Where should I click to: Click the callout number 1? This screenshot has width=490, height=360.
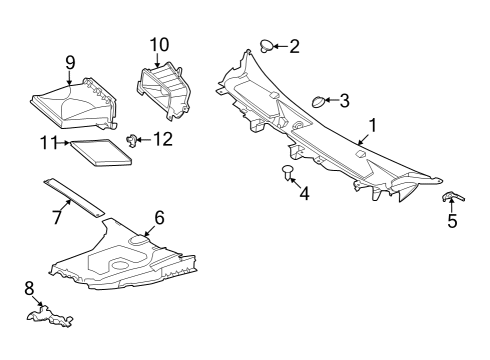click(x=373, y=126)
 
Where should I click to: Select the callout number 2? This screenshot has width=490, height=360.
click(x=294, y=46)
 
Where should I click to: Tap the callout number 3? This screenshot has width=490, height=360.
click(x=344, y=100)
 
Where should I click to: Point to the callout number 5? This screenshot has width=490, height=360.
click(x=452, y=221)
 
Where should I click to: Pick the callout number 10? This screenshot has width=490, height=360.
click(x=159, y=45)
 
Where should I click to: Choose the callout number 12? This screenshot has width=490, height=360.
click(x=163, y=139)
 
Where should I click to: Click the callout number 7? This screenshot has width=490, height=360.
click(x=57, y=217)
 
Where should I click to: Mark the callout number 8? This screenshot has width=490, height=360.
click(x=29, y=288)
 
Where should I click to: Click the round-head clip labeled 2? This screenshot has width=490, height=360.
click(x=266, y=46)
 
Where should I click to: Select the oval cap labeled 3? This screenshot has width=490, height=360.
click(x=318, y=102)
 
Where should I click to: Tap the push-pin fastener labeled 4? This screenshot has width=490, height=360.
click(x=287, y=172)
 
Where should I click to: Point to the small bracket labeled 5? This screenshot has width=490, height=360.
click(x=453, y=197)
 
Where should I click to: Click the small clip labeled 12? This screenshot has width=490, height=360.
click(x=131, y=140)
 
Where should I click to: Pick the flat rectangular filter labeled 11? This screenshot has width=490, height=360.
click(x=101, y=152)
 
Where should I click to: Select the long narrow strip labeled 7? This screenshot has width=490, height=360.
click(x=74, y=198)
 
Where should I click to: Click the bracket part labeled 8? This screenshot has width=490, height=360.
click(x=50, y=316)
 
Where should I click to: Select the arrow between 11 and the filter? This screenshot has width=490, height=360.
click(x=64, y=143)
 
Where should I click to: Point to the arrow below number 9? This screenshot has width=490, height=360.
click(x=69, y=78)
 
